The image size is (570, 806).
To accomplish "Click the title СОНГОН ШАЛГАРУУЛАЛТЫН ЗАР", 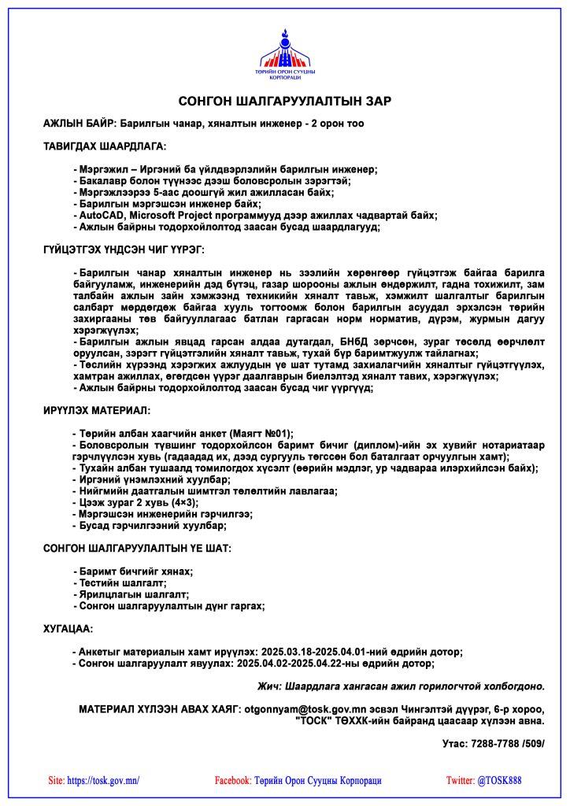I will (284, 102).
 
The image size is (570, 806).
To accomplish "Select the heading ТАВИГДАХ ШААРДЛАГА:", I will (105, 146).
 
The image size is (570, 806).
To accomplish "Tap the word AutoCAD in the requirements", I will (101, 215).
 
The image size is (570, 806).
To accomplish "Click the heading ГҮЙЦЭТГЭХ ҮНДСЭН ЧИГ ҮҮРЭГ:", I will (124, 250).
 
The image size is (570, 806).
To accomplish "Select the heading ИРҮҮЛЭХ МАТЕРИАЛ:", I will (97, 411).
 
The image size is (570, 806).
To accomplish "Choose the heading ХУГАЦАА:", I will (68, 629).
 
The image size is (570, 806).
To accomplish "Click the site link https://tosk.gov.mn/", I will (104, 781).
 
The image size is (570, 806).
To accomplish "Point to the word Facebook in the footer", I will (232, 781).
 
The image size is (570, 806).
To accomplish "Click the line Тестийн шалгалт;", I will (121, 583).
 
